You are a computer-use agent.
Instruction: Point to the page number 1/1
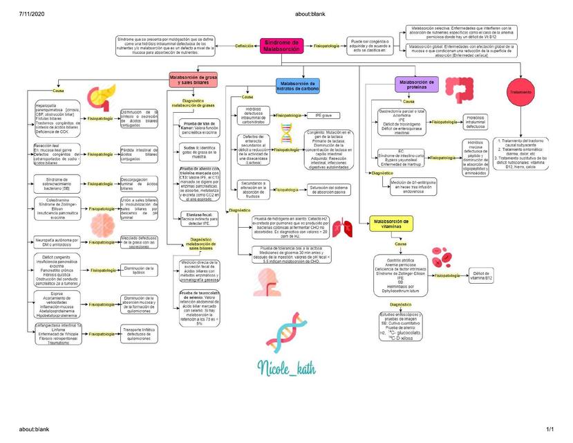click(550, 430)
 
